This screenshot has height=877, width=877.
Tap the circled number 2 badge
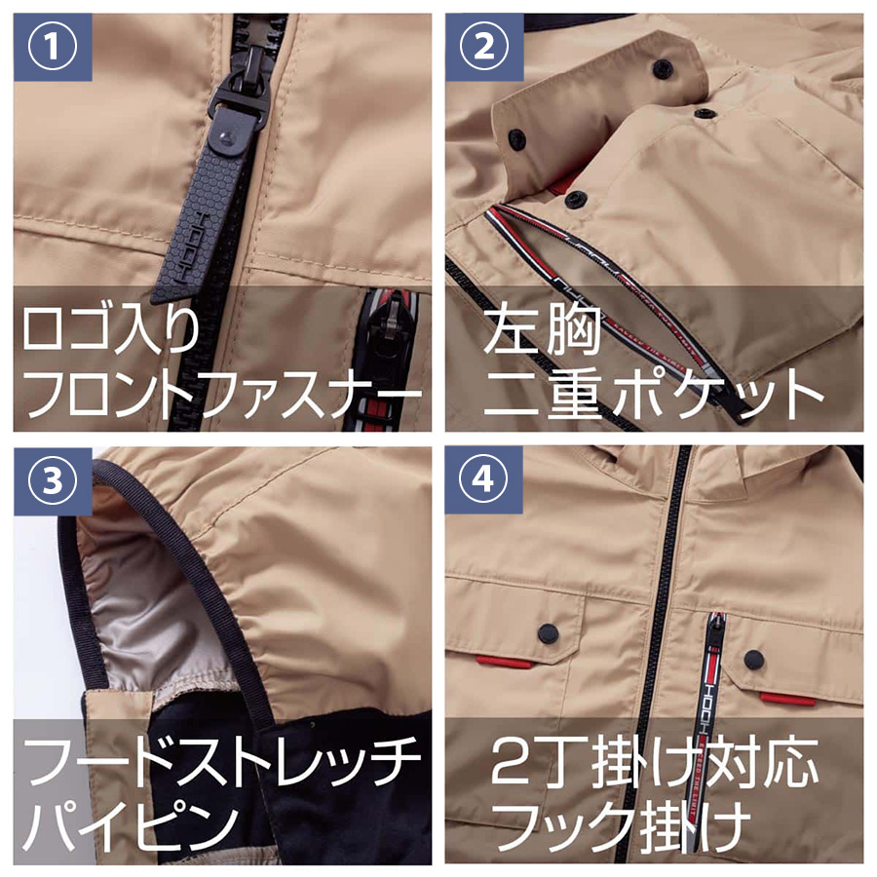tap(483, 47)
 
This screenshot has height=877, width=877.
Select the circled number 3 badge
tap(52, 480)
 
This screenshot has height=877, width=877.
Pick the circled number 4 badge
tap(483, 479)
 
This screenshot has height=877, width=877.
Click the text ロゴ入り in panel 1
tap(111, 330)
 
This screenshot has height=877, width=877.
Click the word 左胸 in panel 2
tap(542, 329)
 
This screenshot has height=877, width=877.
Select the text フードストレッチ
tap(222, 762)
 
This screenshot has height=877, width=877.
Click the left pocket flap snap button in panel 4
tap(548, 632)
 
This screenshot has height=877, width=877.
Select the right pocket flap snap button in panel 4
tap(754, 660)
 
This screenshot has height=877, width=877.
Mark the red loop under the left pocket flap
tap(505, 662)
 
